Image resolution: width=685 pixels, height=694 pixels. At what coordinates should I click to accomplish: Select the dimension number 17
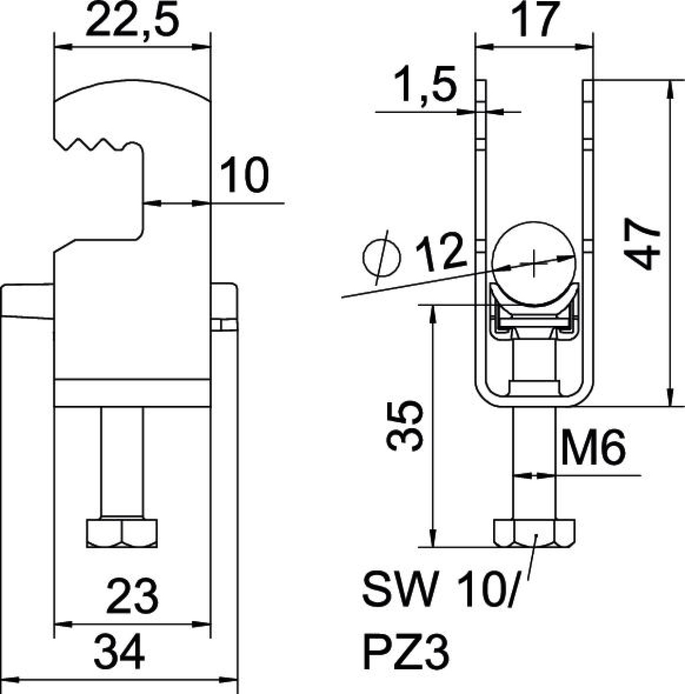click(534, 19)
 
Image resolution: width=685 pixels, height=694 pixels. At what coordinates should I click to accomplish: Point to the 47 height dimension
click(643, 244)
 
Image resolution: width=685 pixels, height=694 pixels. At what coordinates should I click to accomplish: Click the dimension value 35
click(404, 426)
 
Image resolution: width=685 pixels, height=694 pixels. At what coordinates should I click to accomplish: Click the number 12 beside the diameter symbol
click(438, 253)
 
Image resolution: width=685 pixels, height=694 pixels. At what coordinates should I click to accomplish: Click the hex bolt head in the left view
click(122, 533)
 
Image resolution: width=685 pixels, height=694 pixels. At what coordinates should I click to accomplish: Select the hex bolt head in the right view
click(534, 533)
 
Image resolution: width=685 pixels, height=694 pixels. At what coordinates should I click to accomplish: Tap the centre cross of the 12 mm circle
click(534, 264)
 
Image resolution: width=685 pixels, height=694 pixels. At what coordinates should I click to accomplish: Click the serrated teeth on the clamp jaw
click(96, 144)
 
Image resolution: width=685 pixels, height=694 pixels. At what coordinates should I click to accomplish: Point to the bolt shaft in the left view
click(122, 463)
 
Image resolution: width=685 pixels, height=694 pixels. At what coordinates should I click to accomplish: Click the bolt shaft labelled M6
click(534, 463)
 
